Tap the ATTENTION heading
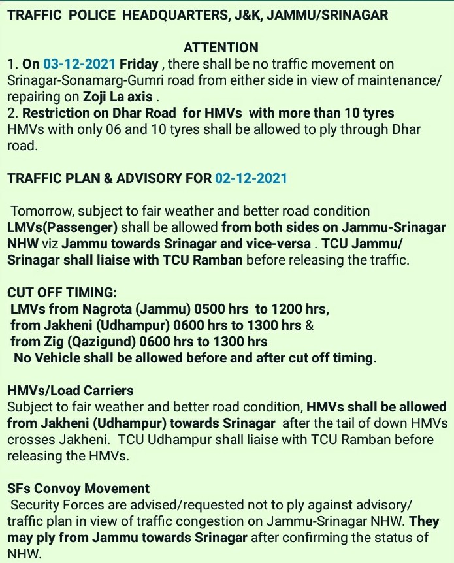(221, 48)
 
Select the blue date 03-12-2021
(80, 64)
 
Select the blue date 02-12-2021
(251, 178)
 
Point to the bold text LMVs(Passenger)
(63, 228)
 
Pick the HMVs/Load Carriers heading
(70, 391)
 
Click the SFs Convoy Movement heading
(78, 489)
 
